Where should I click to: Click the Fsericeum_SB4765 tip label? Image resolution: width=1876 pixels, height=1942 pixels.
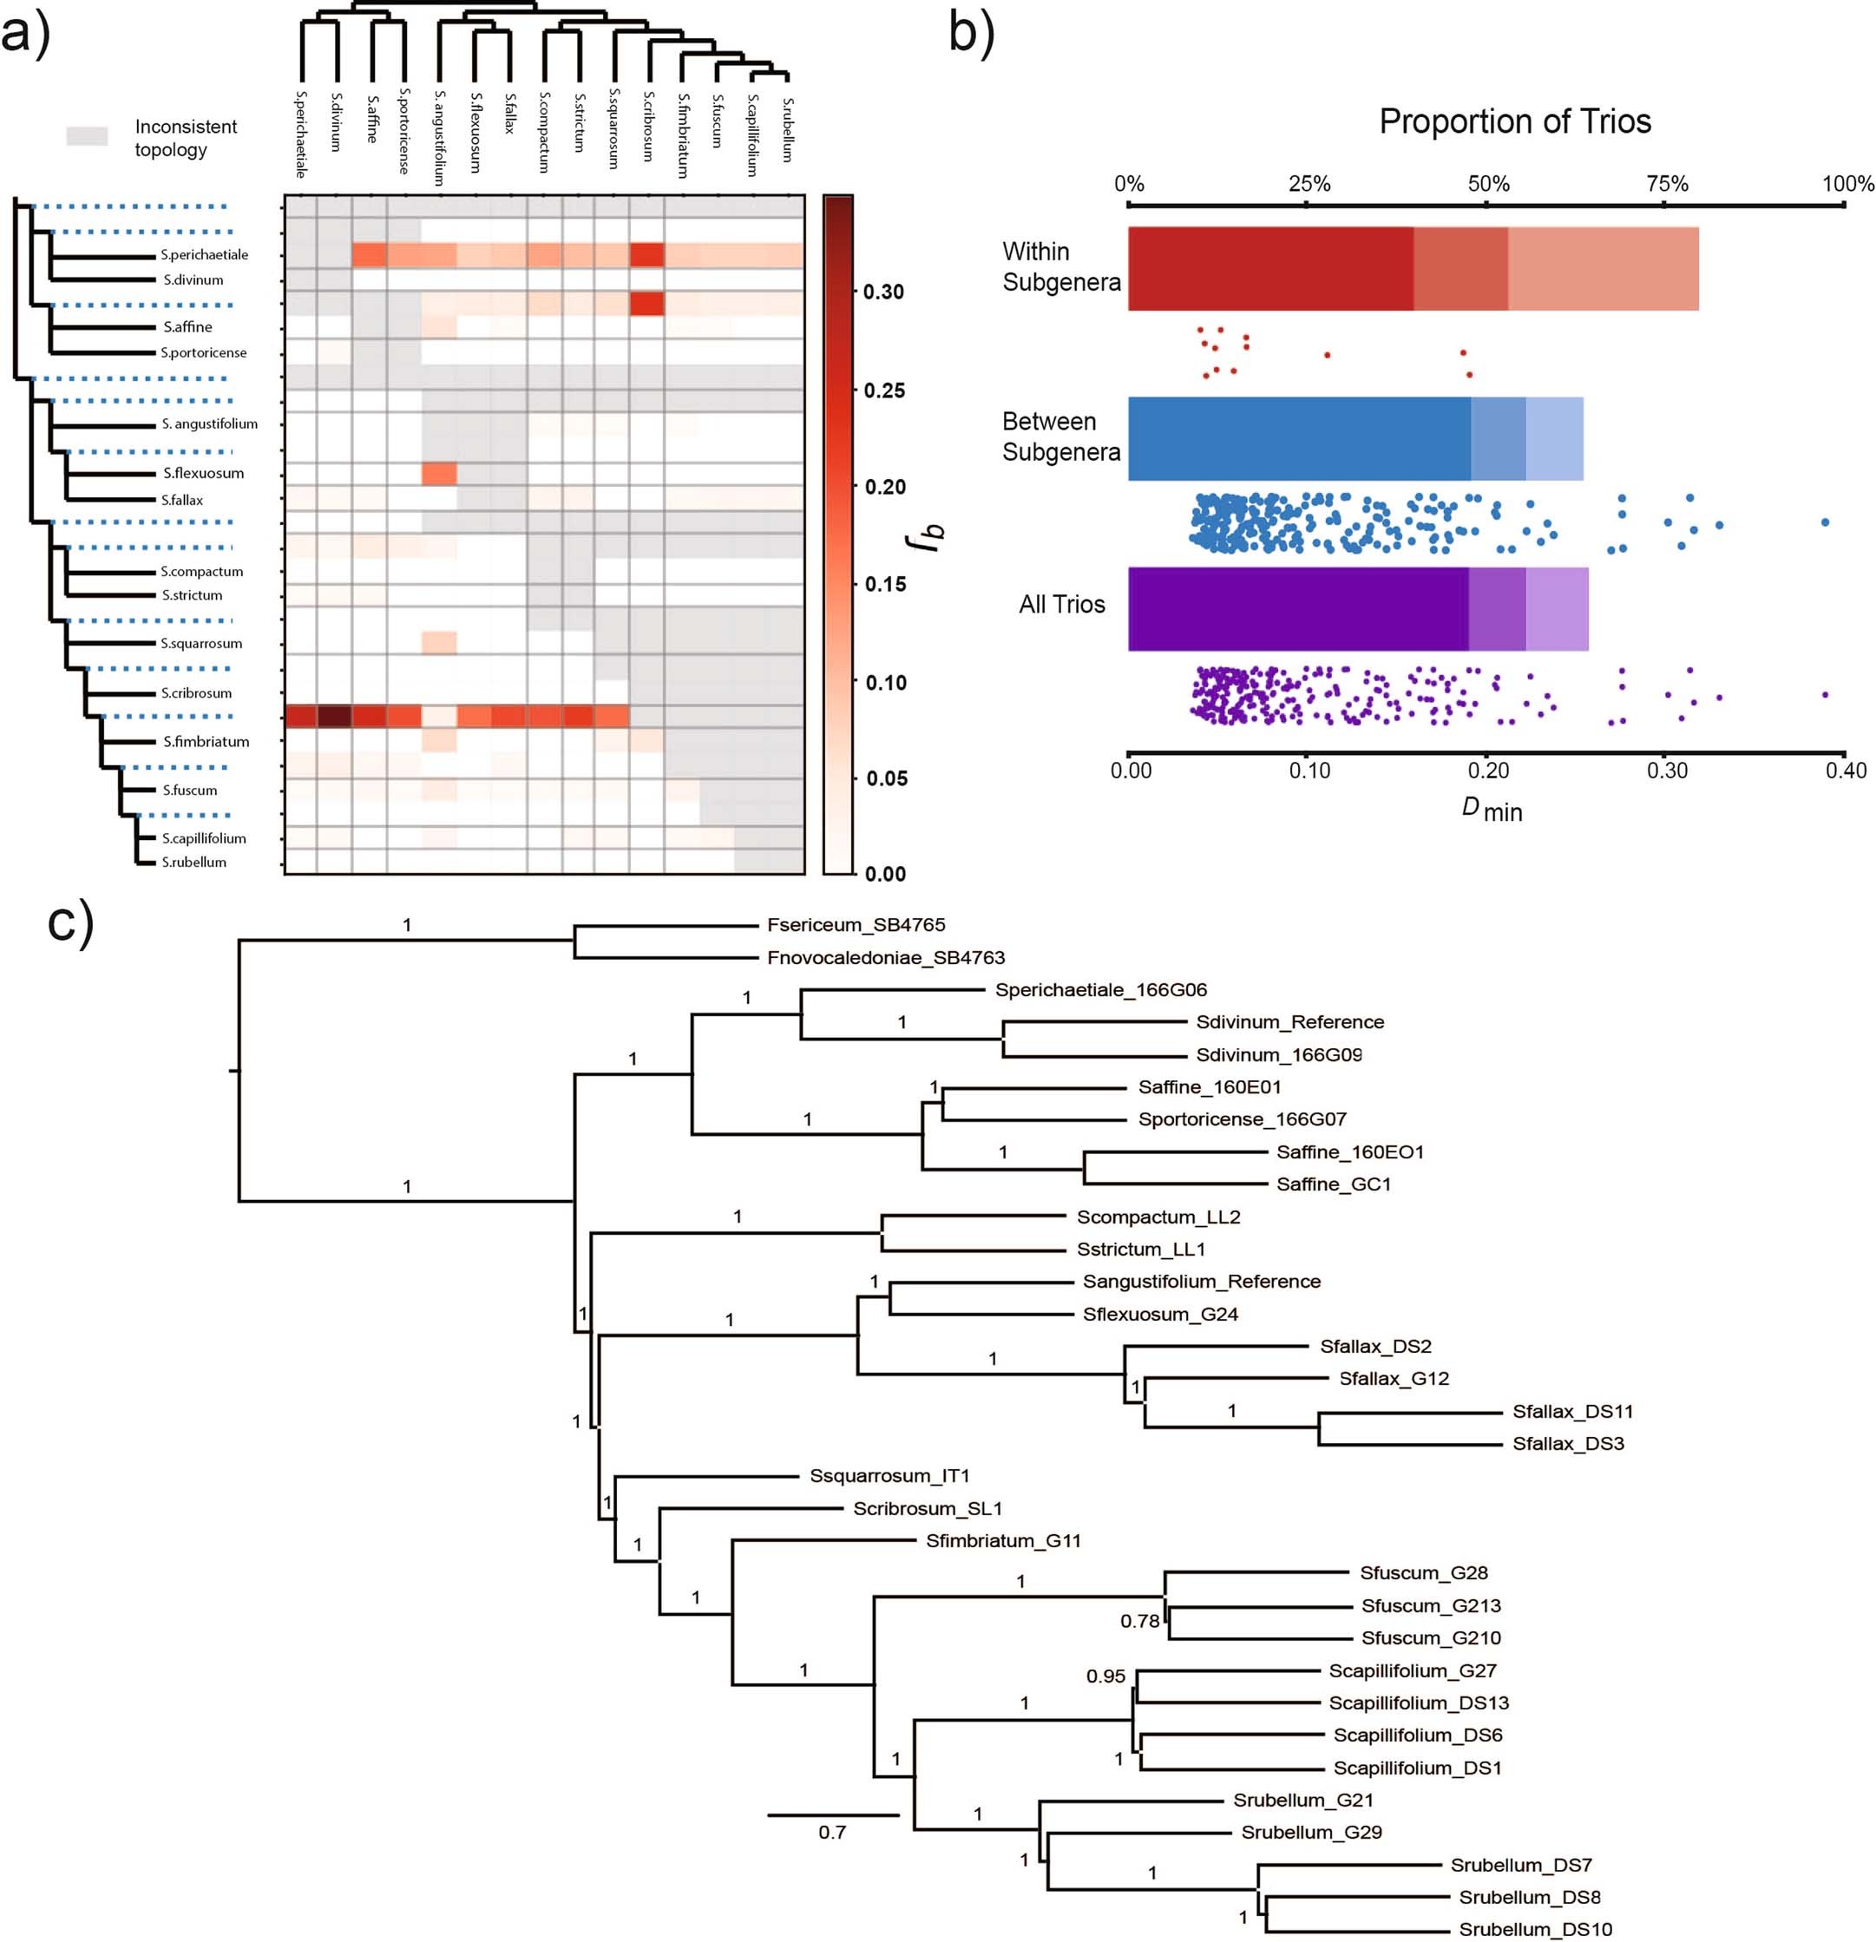coord(856,924)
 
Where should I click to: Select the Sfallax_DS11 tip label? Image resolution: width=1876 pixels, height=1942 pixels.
coord(1571,1411)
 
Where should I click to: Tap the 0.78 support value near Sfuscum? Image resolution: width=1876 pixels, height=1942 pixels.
coord(1138,1621)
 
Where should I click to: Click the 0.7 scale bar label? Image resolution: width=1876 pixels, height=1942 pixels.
coord(831,1832)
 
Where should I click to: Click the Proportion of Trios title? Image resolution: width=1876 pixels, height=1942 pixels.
coord(1514,121)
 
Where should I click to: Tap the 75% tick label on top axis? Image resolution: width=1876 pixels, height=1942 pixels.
coord(1666,183)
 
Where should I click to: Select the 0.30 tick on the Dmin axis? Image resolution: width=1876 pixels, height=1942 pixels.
coord(1666,770)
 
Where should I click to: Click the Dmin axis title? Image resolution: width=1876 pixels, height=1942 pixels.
coord(1491,810)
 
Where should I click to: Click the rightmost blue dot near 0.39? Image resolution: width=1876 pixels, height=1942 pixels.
coord(1825,522)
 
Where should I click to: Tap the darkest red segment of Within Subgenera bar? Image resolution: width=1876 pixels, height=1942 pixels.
coord(1269,268)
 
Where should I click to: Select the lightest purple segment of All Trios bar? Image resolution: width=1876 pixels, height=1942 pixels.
coord(1557,608)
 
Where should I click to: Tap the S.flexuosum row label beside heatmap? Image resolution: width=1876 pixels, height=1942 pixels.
coord(203,474)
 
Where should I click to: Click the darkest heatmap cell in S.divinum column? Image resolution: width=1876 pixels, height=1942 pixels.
coord(334,717)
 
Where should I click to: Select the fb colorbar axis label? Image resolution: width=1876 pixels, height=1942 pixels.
coord(926,536)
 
